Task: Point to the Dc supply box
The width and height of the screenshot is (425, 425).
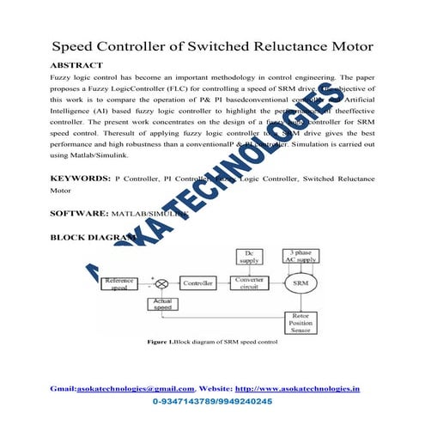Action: (x=251, y=255)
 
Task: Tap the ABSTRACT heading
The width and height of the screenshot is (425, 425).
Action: (x=77, y=65)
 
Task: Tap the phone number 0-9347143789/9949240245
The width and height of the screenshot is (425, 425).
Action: (x=212, y=401)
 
